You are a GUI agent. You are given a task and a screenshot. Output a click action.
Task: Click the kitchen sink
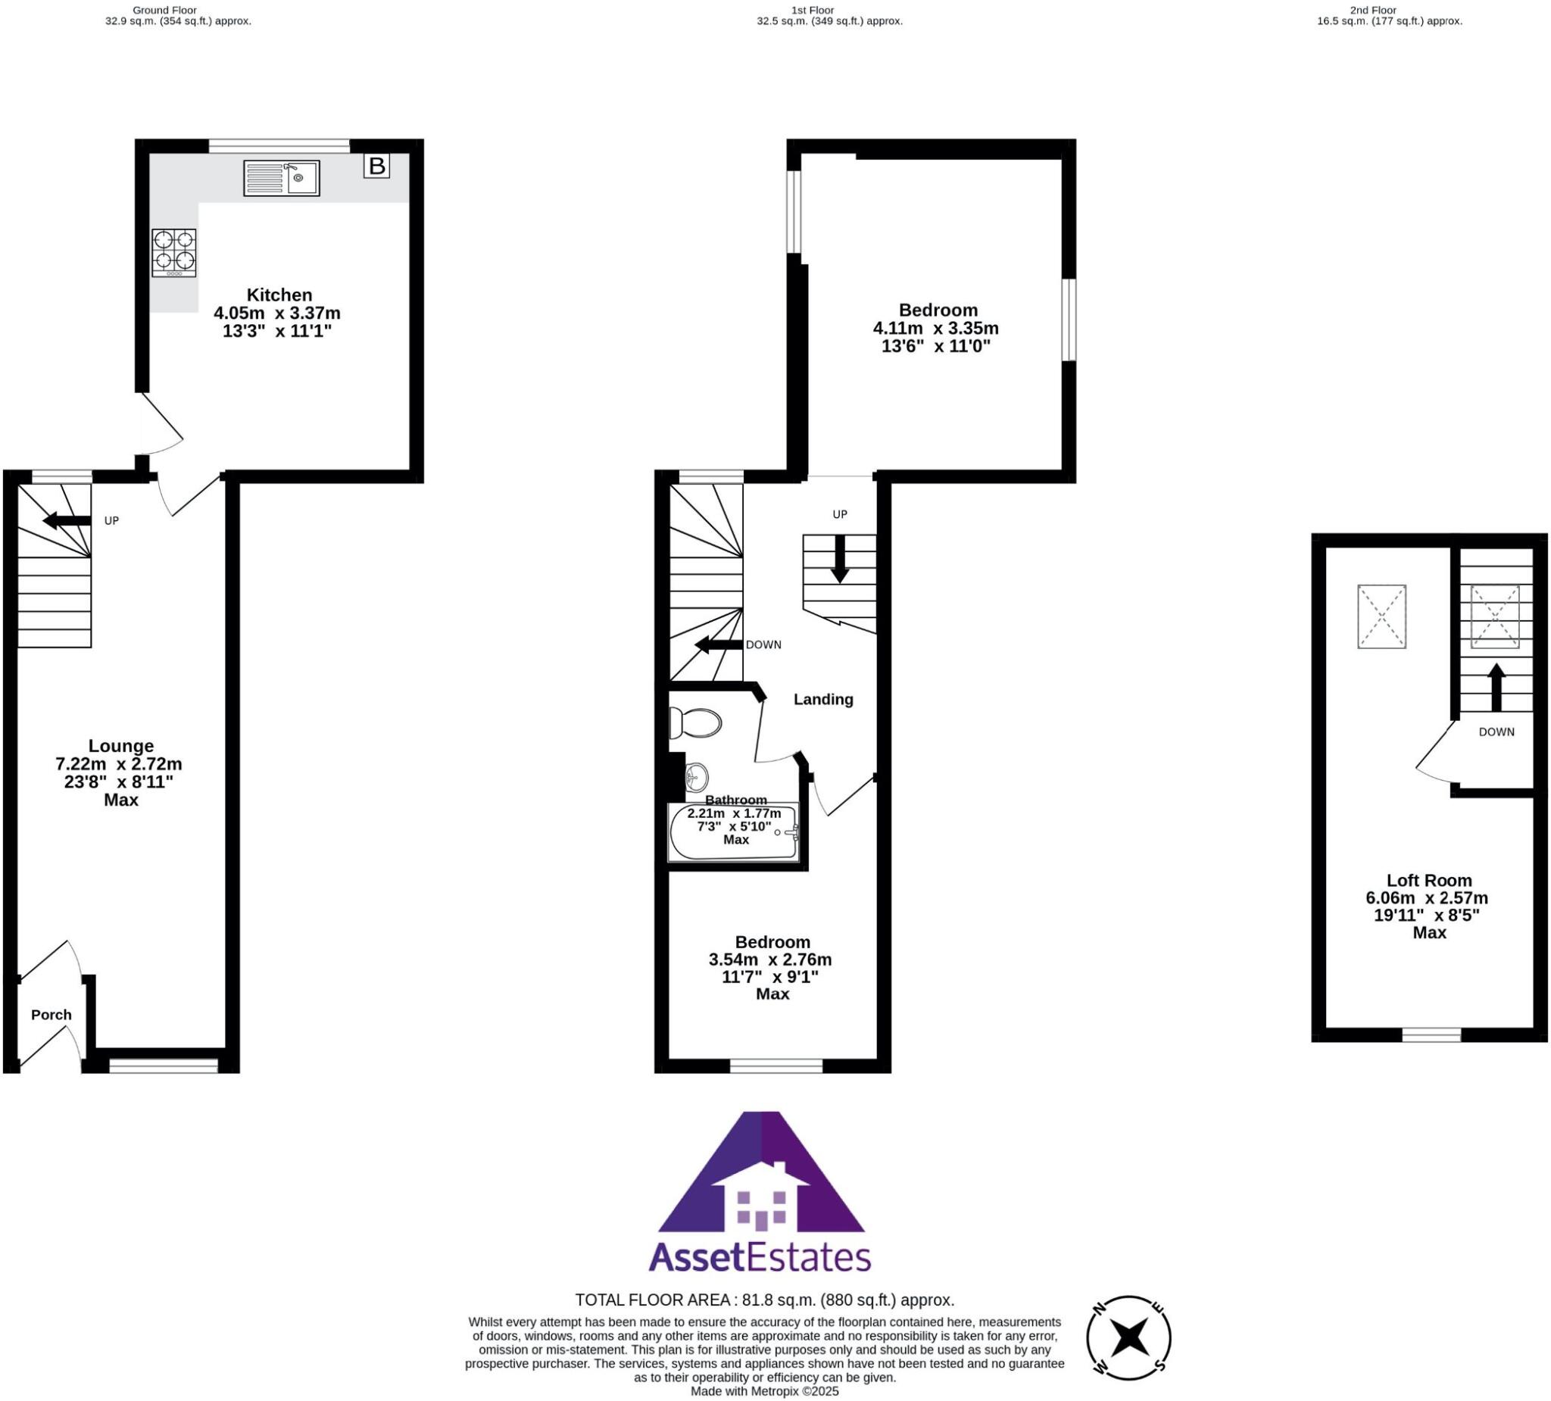281,179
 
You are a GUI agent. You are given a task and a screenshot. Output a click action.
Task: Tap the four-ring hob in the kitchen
174,252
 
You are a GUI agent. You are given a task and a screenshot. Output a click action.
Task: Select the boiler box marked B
376,165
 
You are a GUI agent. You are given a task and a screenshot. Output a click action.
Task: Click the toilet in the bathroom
695,723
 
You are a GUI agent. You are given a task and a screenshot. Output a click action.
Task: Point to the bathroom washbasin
695,777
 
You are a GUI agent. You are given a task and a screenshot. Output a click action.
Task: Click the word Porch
51,1015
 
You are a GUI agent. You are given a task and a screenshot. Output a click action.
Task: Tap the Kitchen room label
279,295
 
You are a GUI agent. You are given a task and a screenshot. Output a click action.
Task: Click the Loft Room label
1428,880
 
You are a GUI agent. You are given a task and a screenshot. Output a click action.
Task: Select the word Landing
823,699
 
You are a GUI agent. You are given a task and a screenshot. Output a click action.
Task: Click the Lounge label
120,745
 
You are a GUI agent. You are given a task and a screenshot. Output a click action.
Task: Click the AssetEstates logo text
760,1258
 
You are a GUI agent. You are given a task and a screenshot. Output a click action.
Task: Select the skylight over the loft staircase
1495,616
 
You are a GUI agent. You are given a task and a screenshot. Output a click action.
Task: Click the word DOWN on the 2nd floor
1496,732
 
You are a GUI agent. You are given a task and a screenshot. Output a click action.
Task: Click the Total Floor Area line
765,1300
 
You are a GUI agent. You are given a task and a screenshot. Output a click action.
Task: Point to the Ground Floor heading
164,10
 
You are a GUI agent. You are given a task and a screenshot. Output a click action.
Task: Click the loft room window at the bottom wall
1431,1034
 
